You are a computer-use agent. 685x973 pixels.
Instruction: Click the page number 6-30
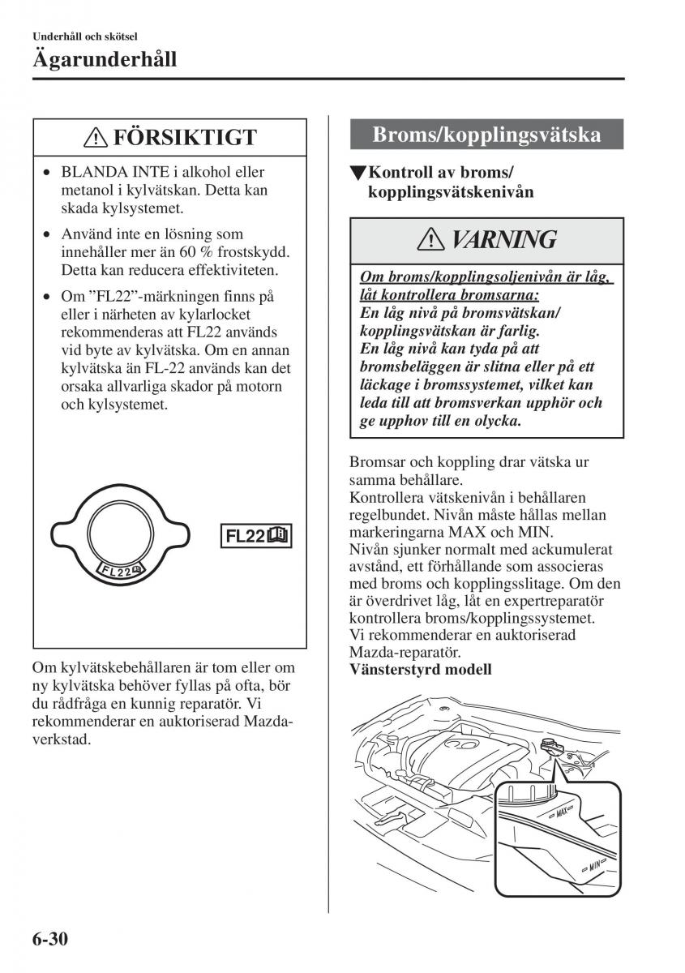point(50,941)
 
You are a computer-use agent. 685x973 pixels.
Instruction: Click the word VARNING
point(503,241)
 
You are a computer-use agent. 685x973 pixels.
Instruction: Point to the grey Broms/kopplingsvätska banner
point(486,135)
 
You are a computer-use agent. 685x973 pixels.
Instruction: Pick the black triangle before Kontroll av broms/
point(357,174)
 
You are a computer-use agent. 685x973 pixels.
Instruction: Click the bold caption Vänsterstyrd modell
point(420,670)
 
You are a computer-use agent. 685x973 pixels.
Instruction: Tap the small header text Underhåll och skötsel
point(84,36)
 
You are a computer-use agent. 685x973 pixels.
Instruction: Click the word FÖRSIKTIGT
point(185,138)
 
